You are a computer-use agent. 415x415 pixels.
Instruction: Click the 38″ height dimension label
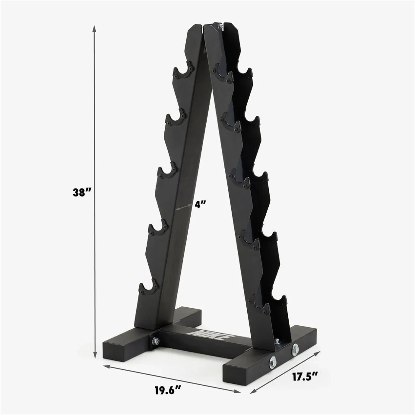(80, 192)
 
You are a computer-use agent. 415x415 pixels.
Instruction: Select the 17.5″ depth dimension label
(305, 377)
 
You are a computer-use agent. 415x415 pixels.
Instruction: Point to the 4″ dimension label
(200, 204)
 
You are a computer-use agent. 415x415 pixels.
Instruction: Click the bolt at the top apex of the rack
(221, 26)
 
